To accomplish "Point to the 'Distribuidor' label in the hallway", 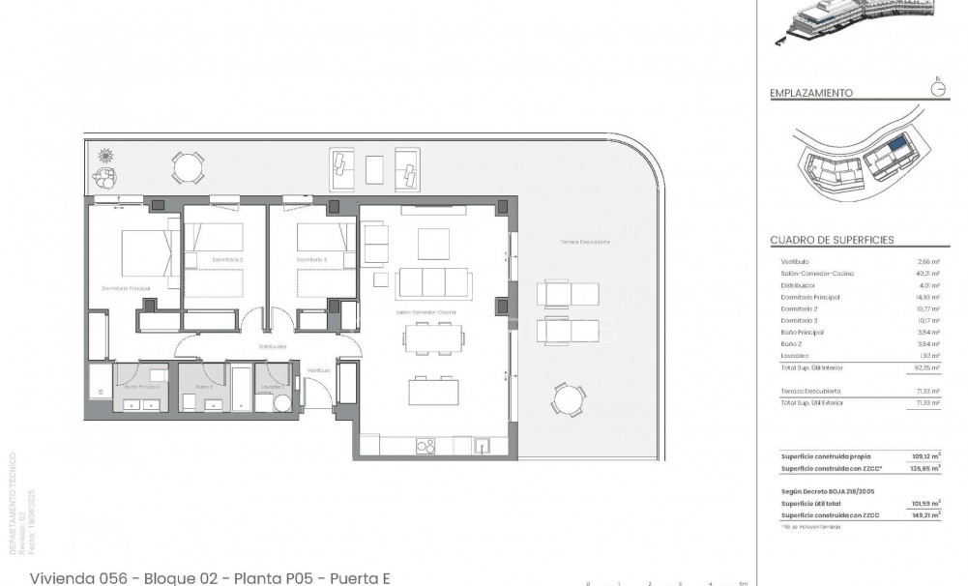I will (272, 345).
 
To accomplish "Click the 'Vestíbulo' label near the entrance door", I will (319, 370).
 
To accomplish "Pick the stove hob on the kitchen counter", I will (425, 445).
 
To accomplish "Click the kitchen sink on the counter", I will (482, 445).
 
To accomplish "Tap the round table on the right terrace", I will (569, 398).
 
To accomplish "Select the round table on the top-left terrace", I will (188, 168).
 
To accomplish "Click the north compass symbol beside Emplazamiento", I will (937, 88).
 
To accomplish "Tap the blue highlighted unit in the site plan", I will (898, 144).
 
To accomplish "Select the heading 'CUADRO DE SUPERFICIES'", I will (832, 240).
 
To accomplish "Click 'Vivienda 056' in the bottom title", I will (82, 578).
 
